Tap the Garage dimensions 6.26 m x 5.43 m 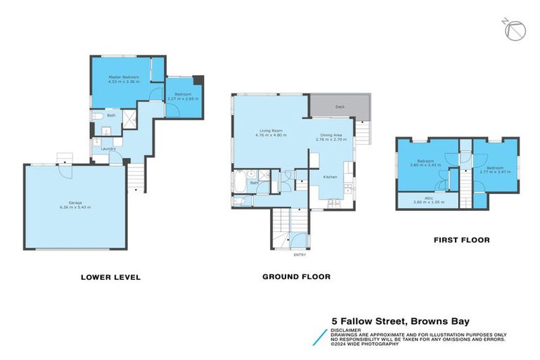point(79,207)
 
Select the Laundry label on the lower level point(108,148)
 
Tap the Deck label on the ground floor point(340,107)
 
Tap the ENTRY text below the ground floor point(300,254)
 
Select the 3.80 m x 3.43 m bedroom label point(425,163)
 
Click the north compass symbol point(515,30)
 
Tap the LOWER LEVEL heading point(110,277)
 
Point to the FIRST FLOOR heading point(461,240)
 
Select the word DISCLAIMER point(347,328)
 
